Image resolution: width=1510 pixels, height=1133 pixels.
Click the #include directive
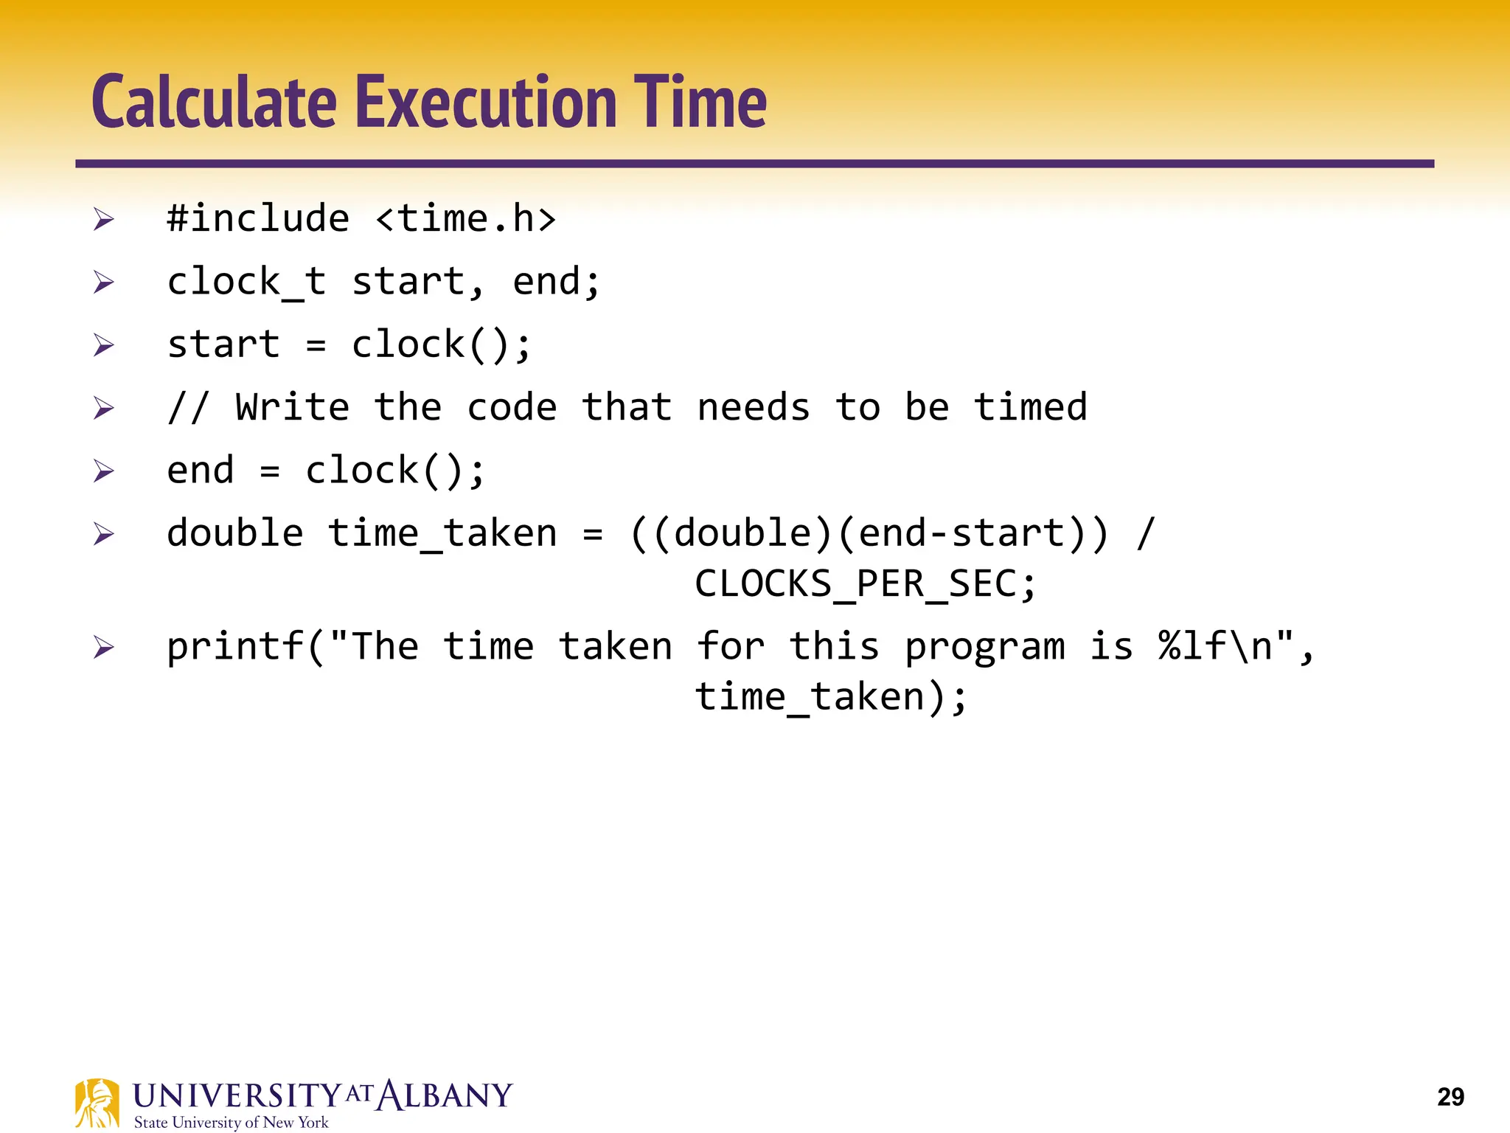pyautogui.click(x=258, y=218)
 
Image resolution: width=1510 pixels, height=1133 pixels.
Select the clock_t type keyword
pyautogui.click(x=246, y=282)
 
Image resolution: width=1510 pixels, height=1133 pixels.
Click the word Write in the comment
pyautogui.click(x=292, y=407)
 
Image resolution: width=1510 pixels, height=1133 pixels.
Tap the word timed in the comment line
pyautogui.click(x=1030, y=407)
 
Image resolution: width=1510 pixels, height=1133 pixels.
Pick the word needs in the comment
pyautogui.click(x=753, y=407)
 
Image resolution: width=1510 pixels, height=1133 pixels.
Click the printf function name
pyautogui.click(x=234, y=647)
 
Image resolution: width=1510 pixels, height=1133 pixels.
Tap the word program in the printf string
pyautogui.click(x=984, y=647)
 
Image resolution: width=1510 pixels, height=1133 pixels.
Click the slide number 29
pyautogui.click(x=1450, y=1097)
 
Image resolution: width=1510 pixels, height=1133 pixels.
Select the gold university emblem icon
pyautogui.click(x=97, y=1103)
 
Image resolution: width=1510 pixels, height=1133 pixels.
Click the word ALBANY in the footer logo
pyautogui.click(x=445, y=1095)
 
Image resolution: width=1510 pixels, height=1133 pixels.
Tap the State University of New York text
pyautogui.click(x=231, y=1122)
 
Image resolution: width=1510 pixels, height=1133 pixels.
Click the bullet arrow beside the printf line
pyautogui.click(x=104, y=648)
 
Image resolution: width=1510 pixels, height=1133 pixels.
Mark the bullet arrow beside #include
pyautogui.click(x=104, y=219)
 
